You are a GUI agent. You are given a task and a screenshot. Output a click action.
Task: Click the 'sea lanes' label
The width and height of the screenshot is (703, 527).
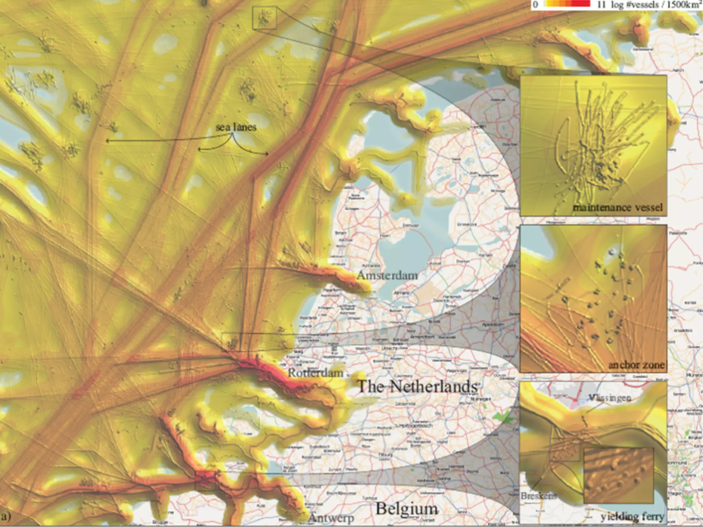236,127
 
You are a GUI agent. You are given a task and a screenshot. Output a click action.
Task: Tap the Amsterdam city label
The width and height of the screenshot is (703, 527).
387,275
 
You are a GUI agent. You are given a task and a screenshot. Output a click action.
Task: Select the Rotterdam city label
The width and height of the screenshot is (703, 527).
315,373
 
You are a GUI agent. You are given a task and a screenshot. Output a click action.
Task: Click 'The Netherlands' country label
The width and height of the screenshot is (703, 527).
417,387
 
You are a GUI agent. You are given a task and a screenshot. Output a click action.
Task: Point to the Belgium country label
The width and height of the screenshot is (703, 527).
407,508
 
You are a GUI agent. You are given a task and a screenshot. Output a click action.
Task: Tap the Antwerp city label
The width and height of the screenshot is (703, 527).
331,517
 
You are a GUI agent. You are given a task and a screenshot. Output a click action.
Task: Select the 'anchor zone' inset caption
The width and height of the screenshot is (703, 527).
636,365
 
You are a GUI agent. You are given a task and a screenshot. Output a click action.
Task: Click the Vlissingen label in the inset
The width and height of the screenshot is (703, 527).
610,398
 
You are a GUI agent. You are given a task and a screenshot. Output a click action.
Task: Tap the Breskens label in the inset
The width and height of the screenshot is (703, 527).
538,496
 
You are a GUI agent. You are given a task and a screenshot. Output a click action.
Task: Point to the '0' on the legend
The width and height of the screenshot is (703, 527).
535,4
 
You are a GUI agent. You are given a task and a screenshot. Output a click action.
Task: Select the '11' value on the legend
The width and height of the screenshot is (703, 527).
601,4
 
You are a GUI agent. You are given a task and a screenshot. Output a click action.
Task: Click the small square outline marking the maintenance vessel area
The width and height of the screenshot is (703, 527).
264,18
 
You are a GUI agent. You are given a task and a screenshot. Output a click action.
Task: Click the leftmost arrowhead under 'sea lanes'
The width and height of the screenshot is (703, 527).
107,141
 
